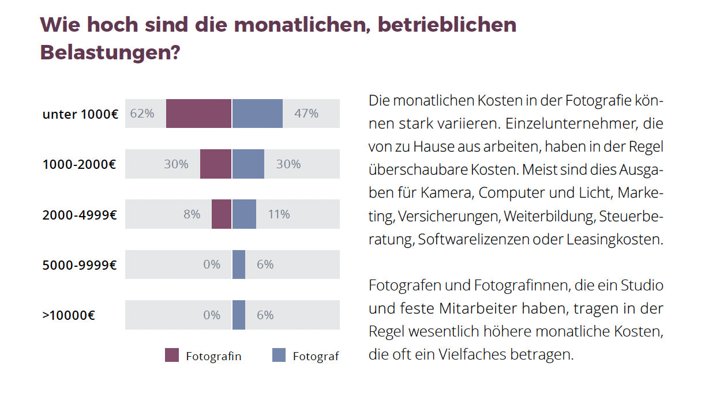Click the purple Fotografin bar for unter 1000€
[x=198, y=114]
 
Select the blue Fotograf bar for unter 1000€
[x=257, y=114]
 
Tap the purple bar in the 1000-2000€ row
[x=215, y=164]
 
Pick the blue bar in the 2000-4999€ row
[x=244, y=214]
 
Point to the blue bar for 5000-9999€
[x=239, y=264]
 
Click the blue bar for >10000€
[x=239, y=315]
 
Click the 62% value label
[x=142, y=114]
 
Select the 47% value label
[x=306, y=114]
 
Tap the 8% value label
[x=192, y=214]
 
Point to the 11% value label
[x=279, y=214]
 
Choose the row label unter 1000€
[x=80, y=114]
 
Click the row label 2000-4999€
[x=80, y=215]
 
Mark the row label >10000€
[x=69, y=316]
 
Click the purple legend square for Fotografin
[x=172, y=356]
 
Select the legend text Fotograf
[x=316, y=357]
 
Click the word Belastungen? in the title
[x=110, y=53]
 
